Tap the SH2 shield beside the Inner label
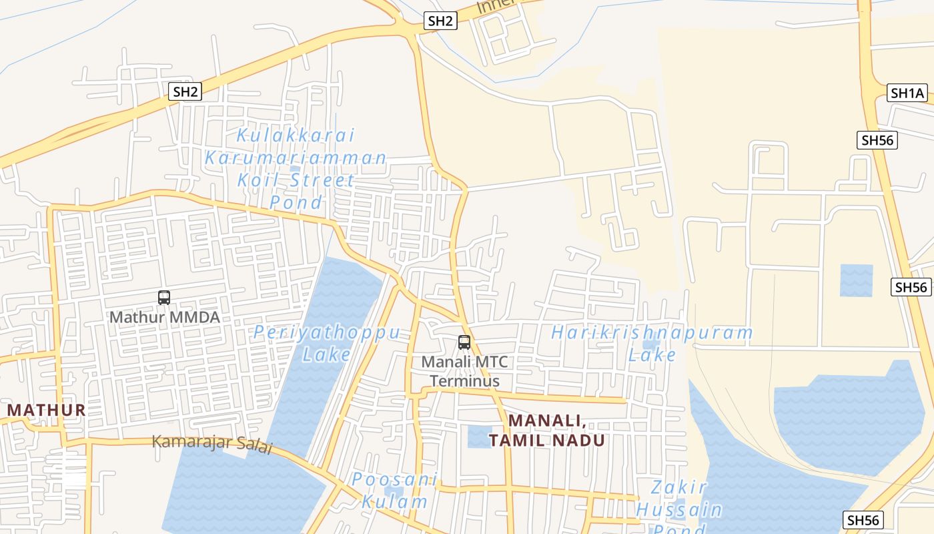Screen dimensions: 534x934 point(440,21)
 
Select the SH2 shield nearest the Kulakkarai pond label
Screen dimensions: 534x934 point(185,91)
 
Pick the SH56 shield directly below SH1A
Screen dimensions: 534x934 point(877,140)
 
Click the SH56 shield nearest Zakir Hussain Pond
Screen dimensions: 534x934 point(863,520)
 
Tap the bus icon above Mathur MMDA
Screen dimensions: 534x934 point(164,298)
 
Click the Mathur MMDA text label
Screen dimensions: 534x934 point(164,317)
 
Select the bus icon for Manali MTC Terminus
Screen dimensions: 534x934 point(464,342)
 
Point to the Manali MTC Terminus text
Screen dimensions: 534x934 point(464,372)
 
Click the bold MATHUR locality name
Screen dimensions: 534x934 point(47,410)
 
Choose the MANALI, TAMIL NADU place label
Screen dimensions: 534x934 point(547,431)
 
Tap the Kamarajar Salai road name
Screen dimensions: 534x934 point(212,443)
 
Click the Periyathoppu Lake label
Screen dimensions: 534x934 point(327,342)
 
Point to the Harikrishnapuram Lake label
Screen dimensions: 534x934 point(652,342)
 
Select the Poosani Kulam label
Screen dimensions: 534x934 point(395,491)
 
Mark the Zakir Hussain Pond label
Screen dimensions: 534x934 point(678,507)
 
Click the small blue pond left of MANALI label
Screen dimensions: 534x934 point(479,436)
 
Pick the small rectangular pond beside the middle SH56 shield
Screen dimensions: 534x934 point(856,280)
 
